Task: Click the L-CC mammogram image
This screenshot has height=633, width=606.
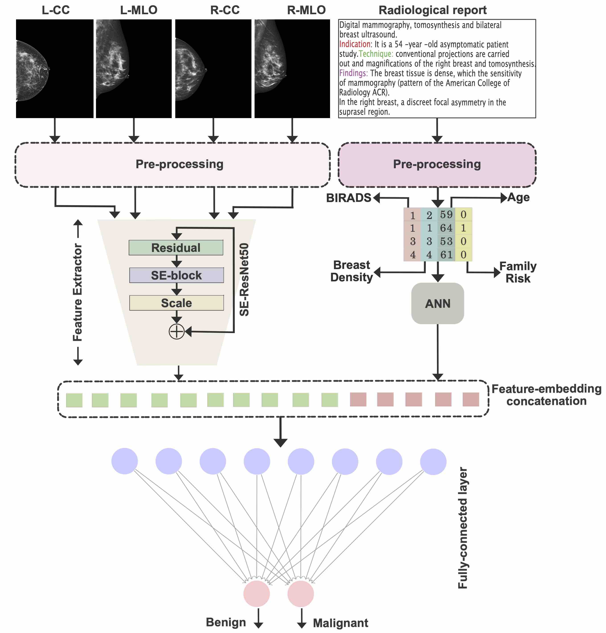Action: point(55,69)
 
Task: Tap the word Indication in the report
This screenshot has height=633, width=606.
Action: point(355,44)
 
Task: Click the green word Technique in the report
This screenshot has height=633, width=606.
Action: point(376,54)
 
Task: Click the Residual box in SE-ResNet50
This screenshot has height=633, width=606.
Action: point(176,248)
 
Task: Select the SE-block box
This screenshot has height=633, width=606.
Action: point(176,275)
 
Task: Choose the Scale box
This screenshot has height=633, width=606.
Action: point(176,303)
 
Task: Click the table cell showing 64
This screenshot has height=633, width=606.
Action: point(446,228)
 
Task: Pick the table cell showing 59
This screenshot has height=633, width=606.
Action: point(446,214)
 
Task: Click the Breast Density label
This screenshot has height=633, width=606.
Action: point(352,271)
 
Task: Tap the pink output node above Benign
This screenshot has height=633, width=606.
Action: point(256,594)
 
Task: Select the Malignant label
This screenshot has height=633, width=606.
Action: point(340,623)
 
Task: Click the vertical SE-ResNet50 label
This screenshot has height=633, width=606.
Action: point(244,280)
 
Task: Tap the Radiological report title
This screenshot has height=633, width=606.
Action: point(432,10)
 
